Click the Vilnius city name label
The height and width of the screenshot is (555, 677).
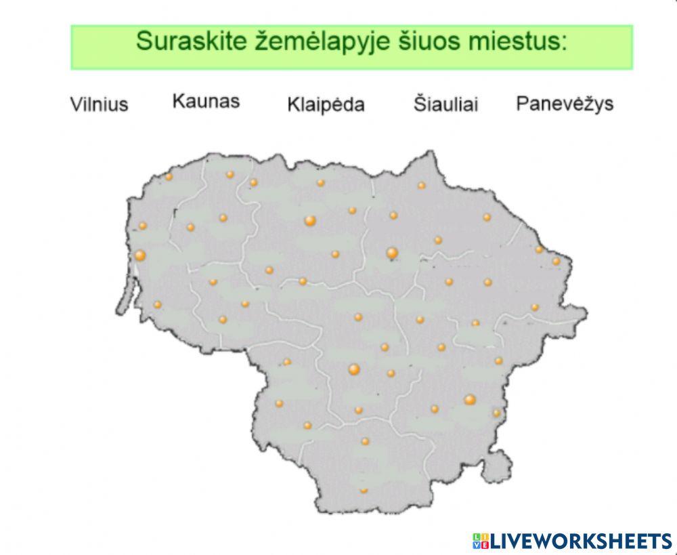pyautogui.click(x=99, y=104)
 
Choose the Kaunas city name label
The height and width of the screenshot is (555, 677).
pyautogui.click(x=206, y=102)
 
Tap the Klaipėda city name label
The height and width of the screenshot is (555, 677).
pyautogui.click(x=326, y=105)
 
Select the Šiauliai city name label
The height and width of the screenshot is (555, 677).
pyautogui.click(x=445, y=104)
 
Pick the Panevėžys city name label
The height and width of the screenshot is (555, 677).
pyautogui.click(x=565, y=104)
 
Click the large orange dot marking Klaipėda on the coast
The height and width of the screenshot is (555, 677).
pyautogui.click(x=140, y=255)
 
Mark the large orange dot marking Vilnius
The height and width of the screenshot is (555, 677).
pyautogui.click(x=470, y=400)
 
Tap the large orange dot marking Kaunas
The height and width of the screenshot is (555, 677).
pyautogui.click(x=353, y=369)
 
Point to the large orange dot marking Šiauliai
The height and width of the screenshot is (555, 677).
pyautogui.click(x=310, y=220)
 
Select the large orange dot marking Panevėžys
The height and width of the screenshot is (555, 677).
pyautogui.click(x=392, y=253)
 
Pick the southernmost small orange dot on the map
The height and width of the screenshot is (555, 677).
pyautogui.click(x=364, y=489)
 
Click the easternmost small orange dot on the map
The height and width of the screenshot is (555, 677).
pyautogui.click(x=556, y=261)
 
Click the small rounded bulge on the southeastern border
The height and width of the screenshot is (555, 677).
pyautogui.click(x=500, y=465)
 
